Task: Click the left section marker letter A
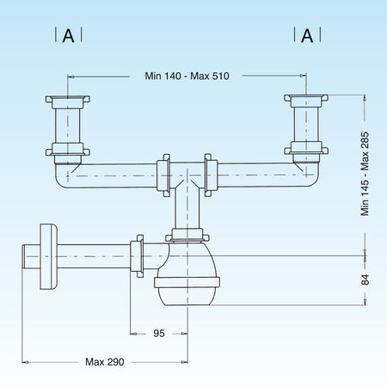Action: pos(68,35)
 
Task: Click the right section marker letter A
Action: pos(306,35)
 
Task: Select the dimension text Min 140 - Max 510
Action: pos(187,75)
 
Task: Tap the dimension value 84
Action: pos(365,279)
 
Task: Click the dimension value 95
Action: pos(160,333)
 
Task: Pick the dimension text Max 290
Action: pos(105,361)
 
